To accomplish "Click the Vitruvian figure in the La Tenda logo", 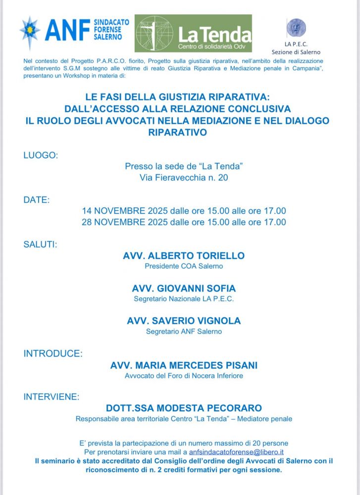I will pyautogui.click(x=154, y=34).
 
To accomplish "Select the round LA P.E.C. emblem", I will pyautogui.click(x=296, y=28).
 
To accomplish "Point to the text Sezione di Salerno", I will pyautogui.click(x=296, y=52).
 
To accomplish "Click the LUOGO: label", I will pyautogui.click(x=41, y=155).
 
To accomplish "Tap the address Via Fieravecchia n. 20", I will pyautogui.click(x=184, y=177).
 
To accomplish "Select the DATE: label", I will pyautogui.click(x=37, y=200).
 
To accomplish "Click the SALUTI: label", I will pyautogui.click(x=40, y=245).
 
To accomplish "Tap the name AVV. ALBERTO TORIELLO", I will pyautogui.click(x=184, y=256).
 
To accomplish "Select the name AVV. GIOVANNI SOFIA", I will pyautogui.click(x=184, y=288).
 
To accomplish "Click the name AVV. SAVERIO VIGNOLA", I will pyautogui.click(x=184, y=321).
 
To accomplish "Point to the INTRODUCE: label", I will pyautogui.click(x=53, y=353).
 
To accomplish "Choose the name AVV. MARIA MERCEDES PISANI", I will pyautogui.click(x=184, y=365).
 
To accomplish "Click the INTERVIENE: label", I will pyautogui.click(x=51, y=396).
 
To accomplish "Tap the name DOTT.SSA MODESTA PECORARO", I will pyautogui.click(x=184, y=408).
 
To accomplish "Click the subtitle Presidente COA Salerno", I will pyautogui.click(x=184, y=266).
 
